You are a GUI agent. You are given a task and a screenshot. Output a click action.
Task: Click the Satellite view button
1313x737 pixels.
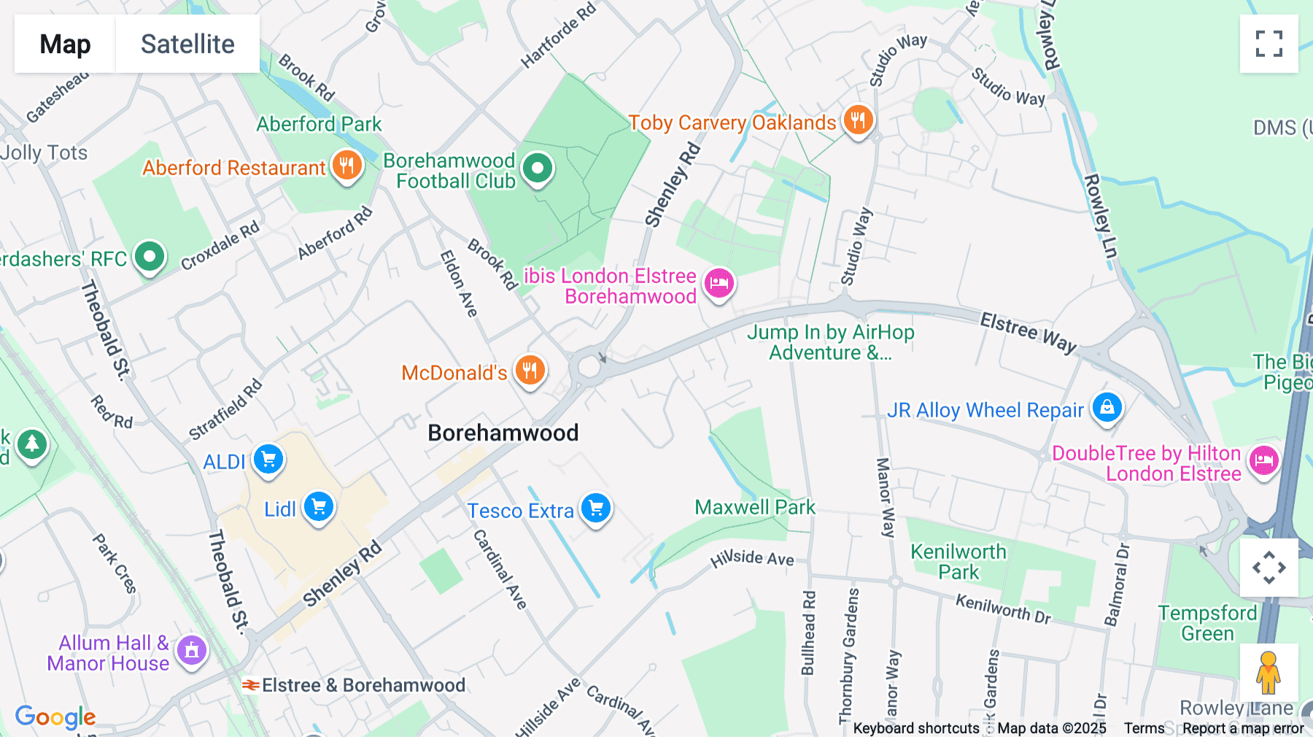coord(187,44)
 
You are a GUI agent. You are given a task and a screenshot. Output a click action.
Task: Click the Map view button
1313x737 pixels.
coord(65,44)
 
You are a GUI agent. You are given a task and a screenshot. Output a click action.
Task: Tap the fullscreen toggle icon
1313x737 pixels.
coord(1269,44)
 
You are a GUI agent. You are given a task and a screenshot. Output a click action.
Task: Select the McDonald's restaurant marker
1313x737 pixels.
coord(530,371)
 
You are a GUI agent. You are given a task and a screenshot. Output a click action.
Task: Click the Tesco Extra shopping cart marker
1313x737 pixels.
coord(596,508)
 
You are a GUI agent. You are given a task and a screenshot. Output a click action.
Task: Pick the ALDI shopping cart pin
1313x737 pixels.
coord(268,460)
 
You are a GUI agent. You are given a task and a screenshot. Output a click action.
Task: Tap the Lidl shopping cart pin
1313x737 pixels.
coord(319,506)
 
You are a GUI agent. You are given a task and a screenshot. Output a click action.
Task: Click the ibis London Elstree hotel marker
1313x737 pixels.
coord(719,282)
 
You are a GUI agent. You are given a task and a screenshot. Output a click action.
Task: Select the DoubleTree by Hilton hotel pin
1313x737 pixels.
coord(1263,460)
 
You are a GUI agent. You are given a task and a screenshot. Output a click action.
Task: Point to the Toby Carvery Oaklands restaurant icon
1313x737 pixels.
coord(858,120)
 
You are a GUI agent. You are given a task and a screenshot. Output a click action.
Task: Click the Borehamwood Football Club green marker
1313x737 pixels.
coord(538,169)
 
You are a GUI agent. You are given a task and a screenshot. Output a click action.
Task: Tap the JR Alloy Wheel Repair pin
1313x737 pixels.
coord(1107,407)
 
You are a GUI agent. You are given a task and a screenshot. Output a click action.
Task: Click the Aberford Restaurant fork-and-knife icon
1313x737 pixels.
coord(347,166)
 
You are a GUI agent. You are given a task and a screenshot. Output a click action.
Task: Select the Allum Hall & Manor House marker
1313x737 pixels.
coord(192,649)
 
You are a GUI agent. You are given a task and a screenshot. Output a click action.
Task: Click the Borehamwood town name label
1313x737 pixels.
coord(503,433)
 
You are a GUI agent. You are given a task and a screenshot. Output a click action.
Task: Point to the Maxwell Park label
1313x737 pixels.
coord(754,507)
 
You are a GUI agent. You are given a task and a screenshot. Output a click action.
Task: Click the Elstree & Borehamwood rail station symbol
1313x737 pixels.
coord(251,685)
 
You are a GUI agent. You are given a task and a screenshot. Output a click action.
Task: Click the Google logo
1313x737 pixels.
coord(55,717)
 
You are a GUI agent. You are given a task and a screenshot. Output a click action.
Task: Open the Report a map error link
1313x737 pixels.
coord(1243,728)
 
